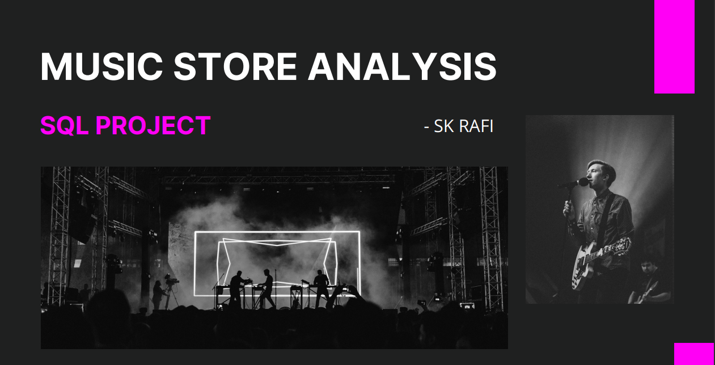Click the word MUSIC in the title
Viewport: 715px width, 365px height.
[101, 67]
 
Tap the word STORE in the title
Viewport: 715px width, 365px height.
[235, 67]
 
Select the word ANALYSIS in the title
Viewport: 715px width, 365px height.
[402, 67]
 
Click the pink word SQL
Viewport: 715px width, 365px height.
[65, 125]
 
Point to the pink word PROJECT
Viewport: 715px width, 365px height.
[153, 125]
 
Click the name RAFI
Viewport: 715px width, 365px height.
[476, 126]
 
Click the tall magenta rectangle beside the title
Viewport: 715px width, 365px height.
[675, 46]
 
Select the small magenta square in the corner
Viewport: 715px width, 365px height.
[694, 354]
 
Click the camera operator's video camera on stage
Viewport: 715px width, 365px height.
[171, 280]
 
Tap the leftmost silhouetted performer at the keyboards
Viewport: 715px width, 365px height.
[237, 289]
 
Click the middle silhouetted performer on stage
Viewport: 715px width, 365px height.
[266, 288]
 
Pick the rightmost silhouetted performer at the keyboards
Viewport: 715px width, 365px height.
[320, 288]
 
